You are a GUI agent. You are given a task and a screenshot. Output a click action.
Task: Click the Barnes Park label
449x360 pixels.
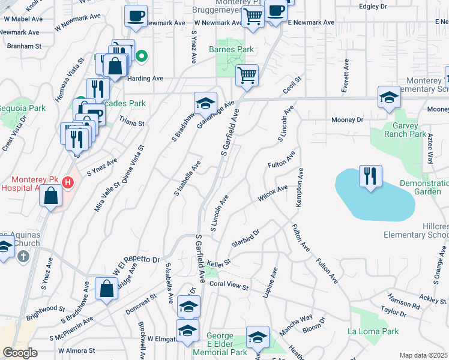pyautogui.click(x=231, y=49)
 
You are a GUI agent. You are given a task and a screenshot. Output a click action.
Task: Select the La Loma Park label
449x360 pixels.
pyautogui.click(x=372, y=331)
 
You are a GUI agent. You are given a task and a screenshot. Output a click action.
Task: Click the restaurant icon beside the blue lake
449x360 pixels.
pyautogui.click(x=370, y=176)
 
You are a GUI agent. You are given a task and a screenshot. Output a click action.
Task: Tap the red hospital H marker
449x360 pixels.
pyautogui.click(x=68, y=182)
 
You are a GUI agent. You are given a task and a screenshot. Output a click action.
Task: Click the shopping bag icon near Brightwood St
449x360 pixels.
pyautogui.click(x=106, y=289)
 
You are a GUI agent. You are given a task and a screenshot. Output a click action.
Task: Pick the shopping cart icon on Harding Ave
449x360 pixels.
pyautogui.click(x=247, y=76)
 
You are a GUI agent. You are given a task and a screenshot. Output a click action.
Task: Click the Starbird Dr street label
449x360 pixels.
pyautogui.click(x=245, y=238)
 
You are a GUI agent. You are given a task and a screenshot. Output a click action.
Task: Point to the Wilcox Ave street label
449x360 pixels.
pyautogui.click(x=273, y=194)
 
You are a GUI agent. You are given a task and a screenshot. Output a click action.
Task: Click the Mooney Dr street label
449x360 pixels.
pyautogui.click(x=348, y=120)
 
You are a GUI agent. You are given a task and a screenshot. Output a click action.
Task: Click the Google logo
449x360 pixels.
pyautogui.click(x=20, y=353)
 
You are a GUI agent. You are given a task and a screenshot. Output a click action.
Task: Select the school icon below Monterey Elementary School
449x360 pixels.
pyautogui.click(x=388, y=97)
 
